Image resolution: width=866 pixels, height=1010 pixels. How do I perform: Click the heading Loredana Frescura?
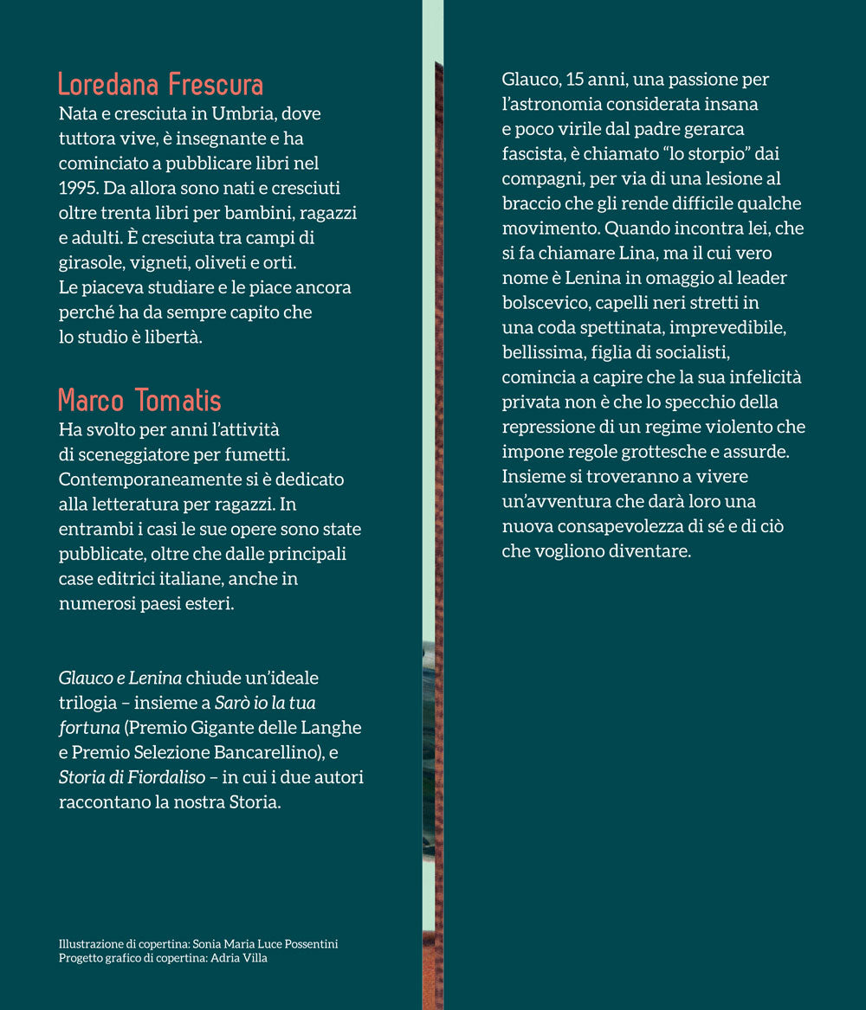160,85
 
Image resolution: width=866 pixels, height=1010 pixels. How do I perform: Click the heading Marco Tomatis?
139,401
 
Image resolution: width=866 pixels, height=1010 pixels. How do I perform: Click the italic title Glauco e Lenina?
120,678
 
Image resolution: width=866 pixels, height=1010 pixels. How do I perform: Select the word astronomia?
555,105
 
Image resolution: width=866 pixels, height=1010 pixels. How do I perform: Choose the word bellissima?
541,354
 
